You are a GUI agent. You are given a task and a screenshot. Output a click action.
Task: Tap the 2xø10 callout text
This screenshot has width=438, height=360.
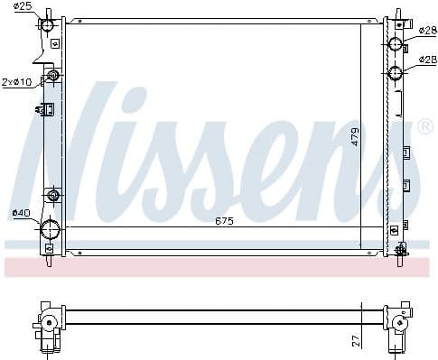16,81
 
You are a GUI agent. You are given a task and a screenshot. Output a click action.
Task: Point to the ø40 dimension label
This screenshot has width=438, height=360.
20,213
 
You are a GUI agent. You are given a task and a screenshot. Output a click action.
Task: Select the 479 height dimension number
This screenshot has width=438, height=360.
356,137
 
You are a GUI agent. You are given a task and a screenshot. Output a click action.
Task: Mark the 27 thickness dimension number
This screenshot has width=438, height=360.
356,340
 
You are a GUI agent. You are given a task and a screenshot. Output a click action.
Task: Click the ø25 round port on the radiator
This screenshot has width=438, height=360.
48,24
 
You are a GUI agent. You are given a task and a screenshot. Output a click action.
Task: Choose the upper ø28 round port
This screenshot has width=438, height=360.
396,44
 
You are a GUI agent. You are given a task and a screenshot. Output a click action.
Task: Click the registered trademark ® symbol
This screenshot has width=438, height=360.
424,128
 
